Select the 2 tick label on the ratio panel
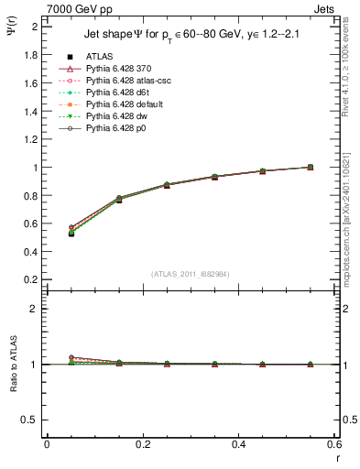[x=34, y=309]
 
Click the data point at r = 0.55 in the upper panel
[x=311, y=167]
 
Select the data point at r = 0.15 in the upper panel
[x=119, y=199]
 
